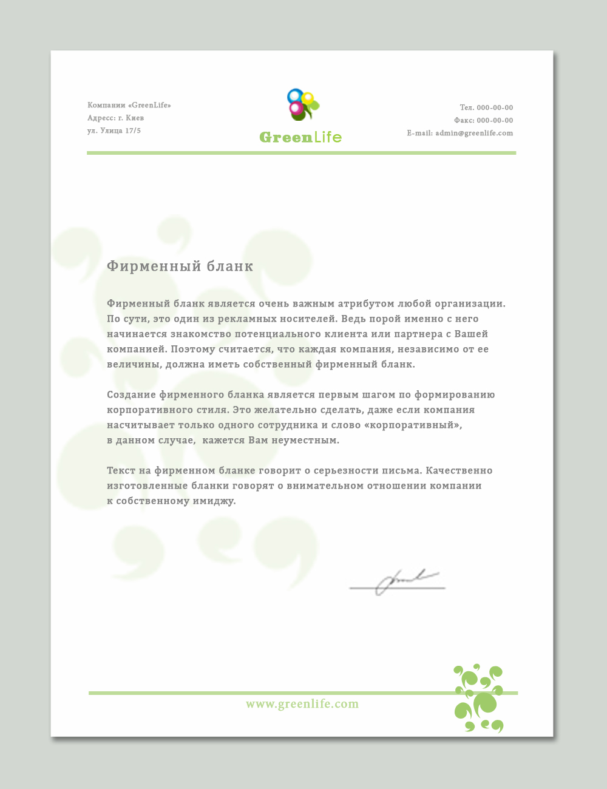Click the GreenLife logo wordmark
pyautogui.click(x=300, y=137)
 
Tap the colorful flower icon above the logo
pyautogui.click(x=302, y=105)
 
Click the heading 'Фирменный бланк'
pyautogui.click(x=180, y=266)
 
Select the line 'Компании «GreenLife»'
pyautogui.click(x=129, y=106)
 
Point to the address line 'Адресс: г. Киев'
pyautogui.click(x=115, y=118)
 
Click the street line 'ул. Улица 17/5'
pyautogui.click(x=114, y=131)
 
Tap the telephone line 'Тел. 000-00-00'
pyautogui.click(x=486, y=108)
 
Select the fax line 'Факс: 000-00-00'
pyautogui.click(x=483, y=121)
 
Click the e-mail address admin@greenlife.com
pyautogui.click(x=474, y=134)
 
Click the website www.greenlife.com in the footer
pyautogui.click(x=302, y=704)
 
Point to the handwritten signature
pyautogui.click(x=398, y=583)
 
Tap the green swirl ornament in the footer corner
pyautogui.click(x=479, y=698)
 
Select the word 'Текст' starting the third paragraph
pyautogui.click(x=120, y=471)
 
